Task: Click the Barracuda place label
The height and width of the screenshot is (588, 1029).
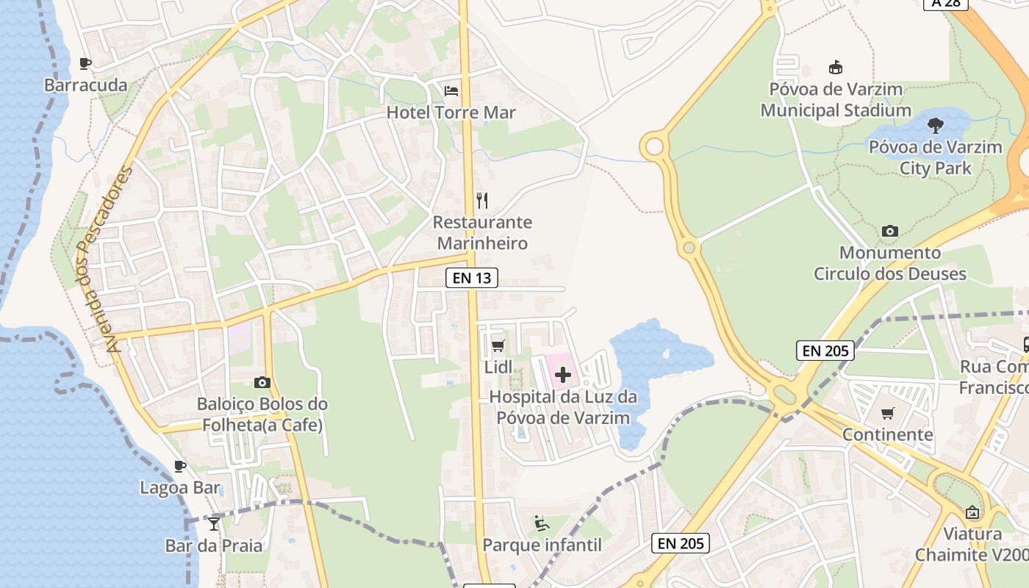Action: pyautogui.click(x=86, y=85)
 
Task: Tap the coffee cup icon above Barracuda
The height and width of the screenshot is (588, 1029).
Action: pyautogui.click(x=85, y=63)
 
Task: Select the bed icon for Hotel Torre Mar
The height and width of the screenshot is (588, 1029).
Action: pyautogui.click(x=451, y=90)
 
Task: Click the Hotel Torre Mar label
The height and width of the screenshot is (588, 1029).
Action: pyautogui.click(x=451, y=112)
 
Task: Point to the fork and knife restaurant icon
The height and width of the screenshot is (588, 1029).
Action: pyautogui.click(x=482, y=200)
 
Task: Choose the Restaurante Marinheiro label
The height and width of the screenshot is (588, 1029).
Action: pyautogui.click(x=482, y=232)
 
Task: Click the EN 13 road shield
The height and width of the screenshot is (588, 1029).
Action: pyautogui.click(x=472, y=278)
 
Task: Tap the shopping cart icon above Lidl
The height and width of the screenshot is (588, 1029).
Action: pyautogui.click(x=498, y=345)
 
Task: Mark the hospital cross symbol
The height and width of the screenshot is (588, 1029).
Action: pyautogui.click(x=563, y=375)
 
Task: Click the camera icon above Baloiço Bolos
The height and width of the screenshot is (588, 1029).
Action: pyautogui.click(x=262, y=382)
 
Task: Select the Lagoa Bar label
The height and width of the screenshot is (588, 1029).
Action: pyautogui.click(x=180, y=487)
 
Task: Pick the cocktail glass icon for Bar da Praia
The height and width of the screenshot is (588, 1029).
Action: pyautogui.click(x=214, y=523)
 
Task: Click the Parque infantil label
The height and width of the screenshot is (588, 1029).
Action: pyautogui.click(x=542, y=545)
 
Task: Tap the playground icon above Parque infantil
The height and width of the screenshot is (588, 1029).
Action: pyautogui.click(x=542, y=523)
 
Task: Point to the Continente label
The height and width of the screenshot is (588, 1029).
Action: pyautogui.click(x=888, y=434)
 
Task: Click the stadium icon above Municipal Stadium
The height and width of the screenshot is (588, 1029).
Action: pyautogui.click(x=835, y=68)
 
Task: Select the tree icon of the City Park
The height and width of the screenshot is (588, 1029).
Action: pyautogui.click(x=936, y=125)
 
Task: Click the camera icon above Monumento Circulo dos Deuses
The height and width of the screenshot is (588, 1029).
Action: pyautogui.click(x=890, y=231)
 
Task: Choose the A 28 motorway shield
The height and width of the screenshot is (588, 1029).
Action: pyautogui.click(x=946, y=3)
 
